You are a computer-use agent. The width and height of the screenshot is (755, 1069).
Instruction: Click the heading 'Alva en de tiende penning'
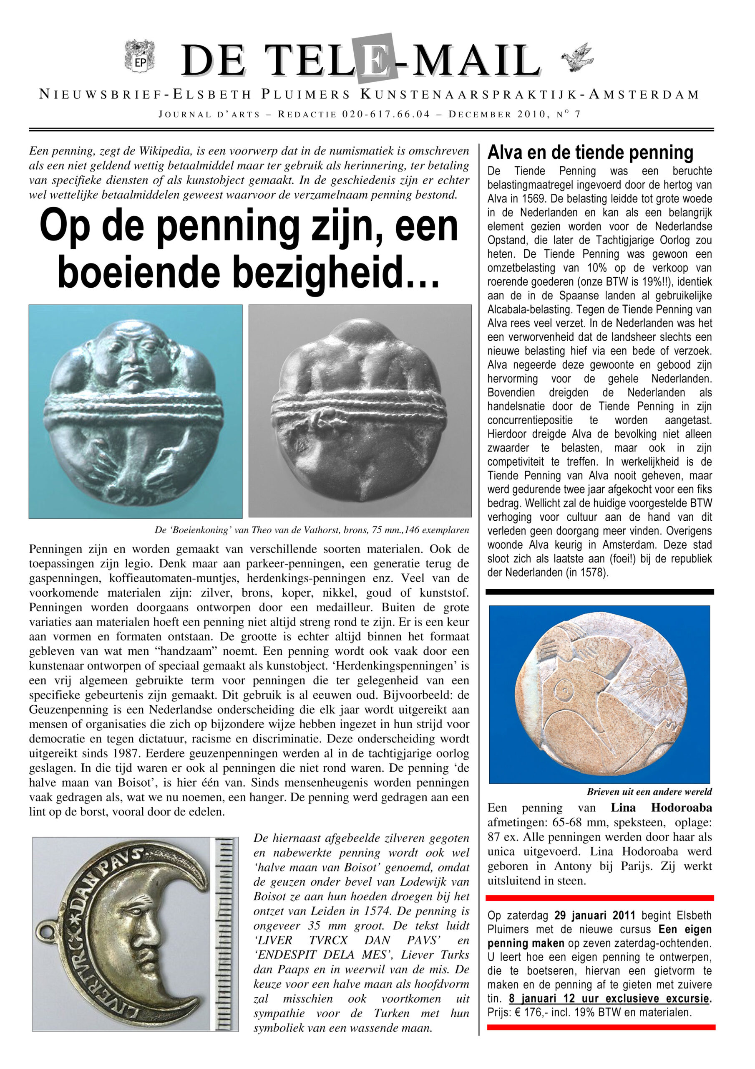point(590,152)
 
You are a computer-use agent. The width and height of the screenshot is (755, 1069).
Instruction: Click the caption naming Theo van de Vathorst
point(311,530)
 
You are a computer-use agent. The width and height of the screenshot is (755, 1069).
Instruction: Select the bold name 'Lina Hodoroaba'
point(661,808)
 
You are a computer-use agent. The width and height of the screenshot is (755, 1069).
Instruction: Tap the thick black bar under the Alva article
point(599,592)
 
